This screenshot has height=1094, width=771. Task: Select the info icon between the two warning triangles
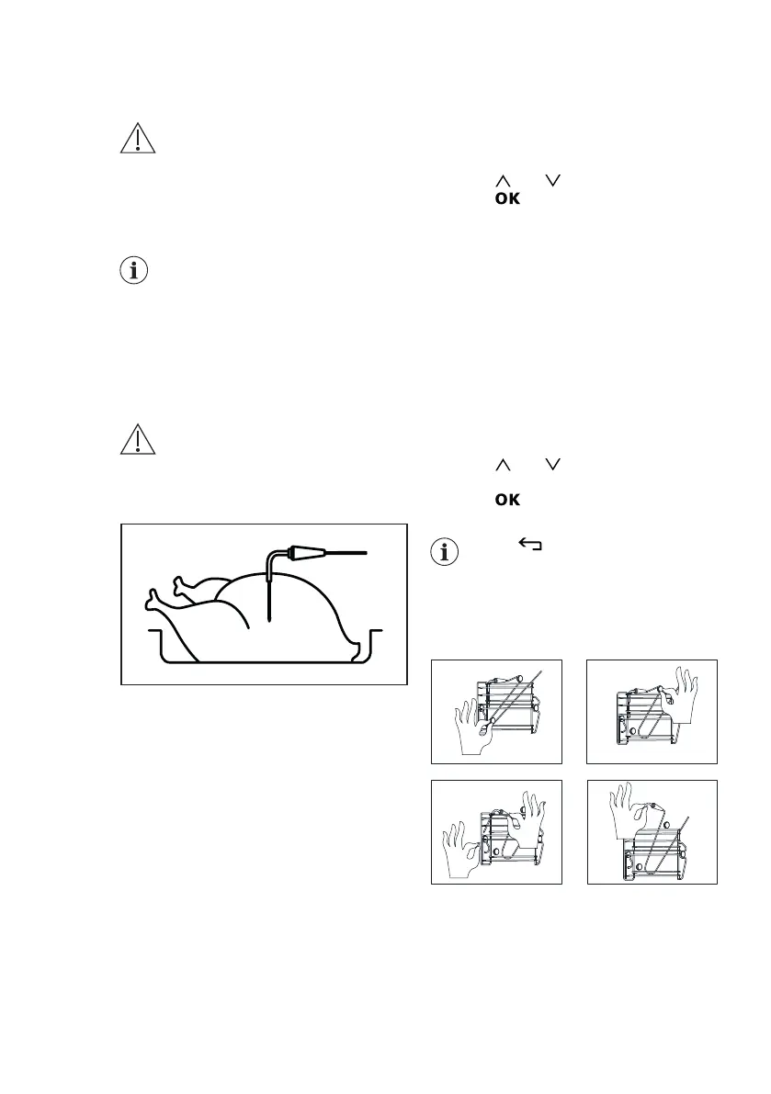(137, 271)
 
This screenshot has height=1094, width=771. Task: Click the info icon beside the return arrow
(446, 551)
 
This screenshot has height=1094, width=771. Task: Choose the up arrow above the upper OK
(503, 184)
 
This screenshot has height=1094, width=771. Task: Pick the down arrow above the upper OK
(551, 184)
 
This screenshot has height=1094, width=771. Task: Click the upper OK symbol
(508, 199)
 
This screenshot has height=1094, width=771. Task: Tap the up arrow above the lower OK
(503, 466)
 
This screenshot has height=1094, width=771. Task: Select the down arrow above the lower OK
(551, 466)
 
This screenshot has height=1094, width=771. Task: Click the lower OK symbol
(508, 500)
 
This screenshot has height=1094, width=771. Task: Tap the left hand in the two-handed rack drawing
(461, 850)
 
